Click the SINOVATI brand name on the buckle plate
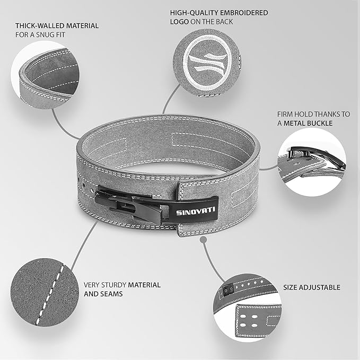point(196,211)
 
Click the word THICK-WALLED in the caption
point(37,25)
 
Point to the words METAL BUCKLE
point(308,124)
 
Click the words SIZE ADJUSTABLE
point(312,287)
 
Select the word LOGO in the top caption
point(179,22)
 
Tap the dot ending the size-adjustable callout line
point(204,240)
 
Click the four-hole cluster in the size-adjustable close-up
point(249,321)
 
